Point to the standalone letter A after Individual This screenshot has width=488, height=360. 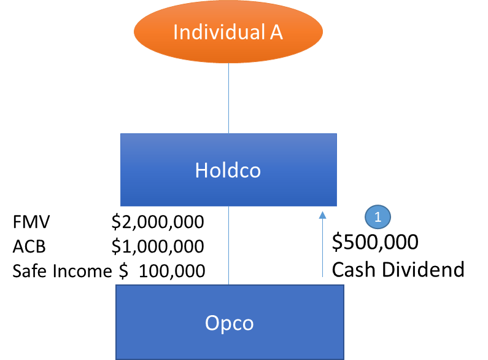click(x=276, y=32)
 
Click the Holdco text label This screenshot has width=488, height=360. click(x=228, y=170)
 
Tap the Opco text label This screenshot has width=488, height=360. click(x=229, y=323)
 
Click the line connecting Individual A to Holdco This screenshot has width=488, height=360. click(x=228, y=98)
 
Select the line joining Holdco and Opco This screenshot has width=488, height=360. click(x=228, y=246)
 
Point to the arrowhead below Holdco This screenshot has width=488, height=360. click(x=322, y=215)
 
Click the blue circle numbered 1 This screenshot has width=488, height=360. click(x=378, y=217)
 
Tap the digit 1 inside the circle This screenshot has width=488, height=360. click(x=378, y=217)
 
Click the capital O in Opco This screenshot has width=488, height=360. click(x=211, y=323)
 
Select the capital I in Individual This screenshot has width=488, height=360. click(x=176, y=32)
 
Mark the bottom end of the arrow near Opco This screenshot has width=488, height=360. click(x=322, y=276)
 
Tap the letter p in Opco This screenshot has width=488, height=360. click(x=224, y=324)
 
